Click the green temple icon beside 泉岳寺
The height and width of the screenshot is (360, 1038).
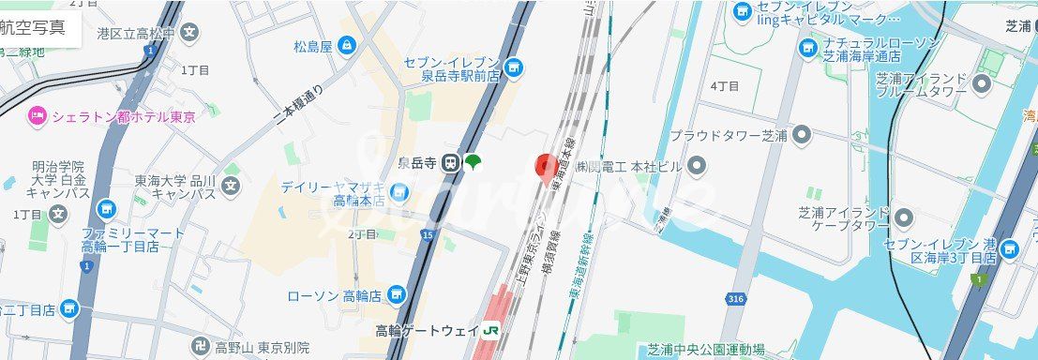[474, 162]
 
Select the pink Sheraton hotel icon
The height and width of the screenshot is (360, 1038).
[37, 116]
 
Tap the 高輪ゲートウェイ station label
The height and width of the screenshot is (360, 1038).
[427, 331]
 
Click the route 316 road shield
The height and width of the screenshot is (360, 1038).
[737, 299]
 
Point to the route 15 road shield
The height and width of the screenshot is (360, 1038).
[428, 234]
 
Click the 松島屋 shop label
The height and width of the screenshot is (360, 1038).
[314, 44]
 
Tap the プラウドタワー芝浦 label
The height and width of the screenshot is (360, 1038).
[728, 136]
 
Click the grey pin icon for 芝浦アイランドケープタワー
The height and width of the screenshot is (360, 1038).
[904, 218]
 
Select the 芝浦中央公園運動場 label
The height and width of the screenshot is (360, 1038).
[706, 350]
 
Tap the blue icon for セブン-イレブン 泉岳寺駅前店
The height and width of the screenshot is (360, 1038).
[513, 67]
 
